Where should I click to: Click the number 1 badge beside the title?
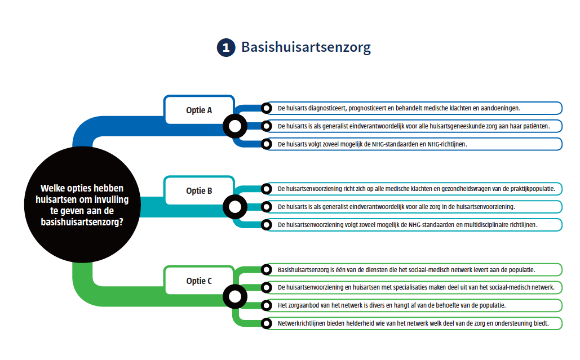pos(225,48)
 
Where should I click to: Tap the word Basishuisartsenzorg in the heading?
pos(306,47)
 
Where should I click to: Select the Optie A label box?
pos(199,110)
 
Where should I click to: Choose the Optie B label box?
pos(199,190)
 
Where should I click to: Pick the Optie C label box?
pos(199,281)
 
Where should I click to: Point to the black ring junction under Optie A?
pos(234,127)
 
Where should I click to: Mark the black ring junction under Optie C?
pos(234,296)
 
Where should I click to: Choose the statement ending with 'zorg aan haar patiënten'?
pos(414,126)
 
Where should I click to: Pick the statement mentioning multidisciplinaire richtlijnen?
pos(408,225)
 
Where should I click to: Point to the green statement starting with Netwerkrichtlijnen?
pos(413,323)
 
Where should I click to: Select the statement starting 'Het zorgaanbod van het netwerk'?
pos(392,305)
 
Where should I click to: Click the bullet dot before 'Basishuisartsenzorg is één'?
pos(265,270)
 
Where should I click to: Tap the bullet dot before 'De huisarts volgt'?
pos(265,144)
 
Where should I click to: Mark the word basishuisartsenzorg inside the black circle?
pos(82,222)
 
